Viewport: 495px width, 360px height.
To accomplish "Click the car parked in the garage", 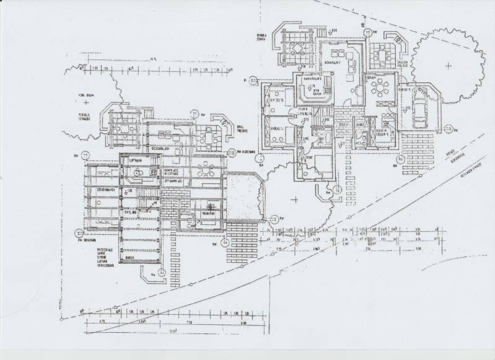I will point(419,108).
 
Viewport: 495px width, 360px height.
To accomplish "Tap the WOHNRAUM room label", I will point(335,63).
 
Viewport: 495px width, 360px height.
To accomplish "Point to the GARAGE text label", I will point(406,89).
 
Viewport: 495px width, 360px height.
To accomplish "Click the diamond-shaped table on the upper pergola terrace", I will point(296,50).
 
